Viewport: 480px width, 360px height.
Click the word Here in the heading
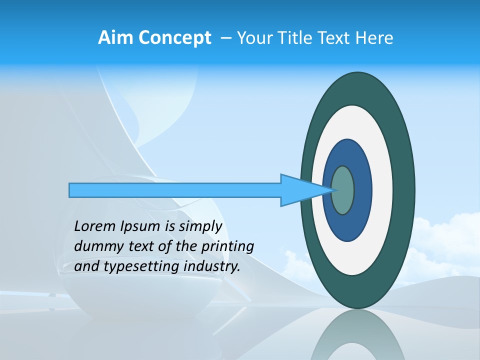click(374, 38)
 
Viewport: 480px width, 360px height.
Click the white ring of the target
click(382, 190)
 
